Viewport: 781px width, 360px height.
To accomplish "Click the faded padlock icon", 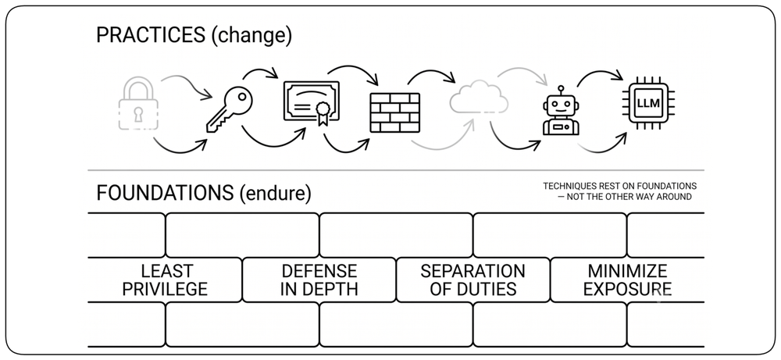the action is pos(138,104).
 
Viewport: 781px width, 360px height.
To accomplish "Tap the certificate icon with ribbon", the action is pos(312,102).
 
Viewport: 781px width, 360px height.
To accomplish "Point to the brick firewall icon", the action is pos(395,112).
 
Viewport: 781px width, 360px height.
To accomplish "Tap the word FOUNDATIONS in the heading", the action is pos(165,193).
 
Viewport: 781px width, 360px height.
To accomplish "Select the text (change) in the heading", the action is pos(251,37).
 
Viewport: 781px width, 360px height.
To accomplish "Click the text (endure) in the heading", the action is pos(275,193).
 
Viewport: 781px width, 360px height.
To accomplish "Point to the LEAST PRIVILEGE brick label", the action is pos(165,280).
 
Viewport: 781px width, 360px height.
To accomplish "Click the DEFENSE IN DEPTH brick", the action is pos(319,280).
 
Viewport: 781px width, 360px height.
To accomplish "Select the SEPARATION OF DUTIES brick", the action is pos(473,280).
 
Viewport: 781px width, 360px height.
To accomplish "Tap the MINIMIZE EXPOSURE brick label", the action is pos(628,280).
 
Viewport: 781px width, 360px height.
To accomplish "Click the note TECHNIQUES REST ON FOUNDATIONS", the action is pos(619,186).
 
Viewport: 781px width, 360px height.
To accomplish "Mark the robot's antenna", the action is pos(561,90).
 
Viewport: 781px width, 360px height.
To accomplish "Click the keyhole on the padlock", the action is pos(138,113).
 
